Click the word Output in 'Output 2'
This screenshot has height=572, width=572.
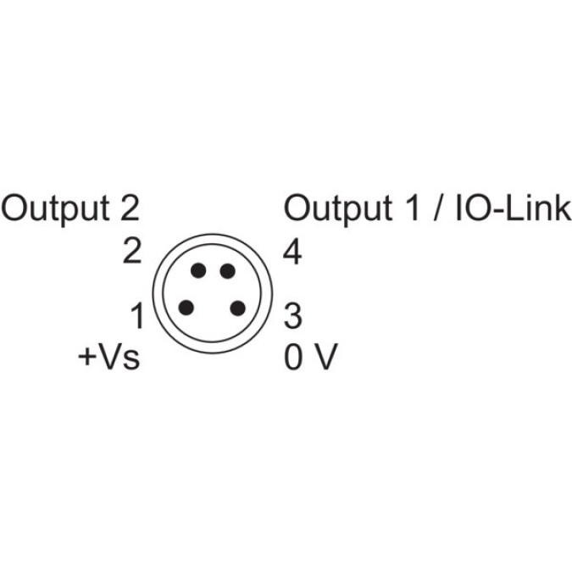(x=55, y=208)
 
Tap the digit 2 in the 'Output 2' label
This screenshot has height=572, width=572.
(x=128, y=208)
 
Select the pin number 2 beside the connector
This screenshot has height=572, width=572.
(x=131, y=252)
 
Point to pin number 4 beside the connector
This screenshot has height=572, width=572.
(x=292, y=252)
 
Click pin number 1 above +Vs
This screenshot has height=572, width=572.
(x=136, y=317)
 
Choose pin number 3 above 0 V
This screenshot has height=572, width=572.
(x=292, y=317)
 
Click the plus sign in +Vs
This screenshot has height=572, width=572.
(x=87, y=359)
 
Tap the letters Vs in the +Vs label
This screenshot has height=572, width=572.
(x=118, y=358)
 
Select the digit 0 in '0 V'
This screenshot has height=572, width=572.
(x=293, y=358)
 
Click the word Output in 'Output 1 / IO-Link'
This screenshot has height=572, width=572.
(x=337, y=208)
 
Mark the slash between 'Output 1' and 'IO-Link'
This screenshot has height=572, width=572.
(x=439, y=208)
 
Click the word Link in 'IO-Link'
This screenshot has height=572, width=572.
(x=541, y=208)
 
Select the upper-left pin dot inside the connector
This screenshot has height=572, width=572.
(x=197, y=271)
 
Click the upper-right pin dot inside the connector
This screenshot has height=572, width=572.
(x=227, y=271)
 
